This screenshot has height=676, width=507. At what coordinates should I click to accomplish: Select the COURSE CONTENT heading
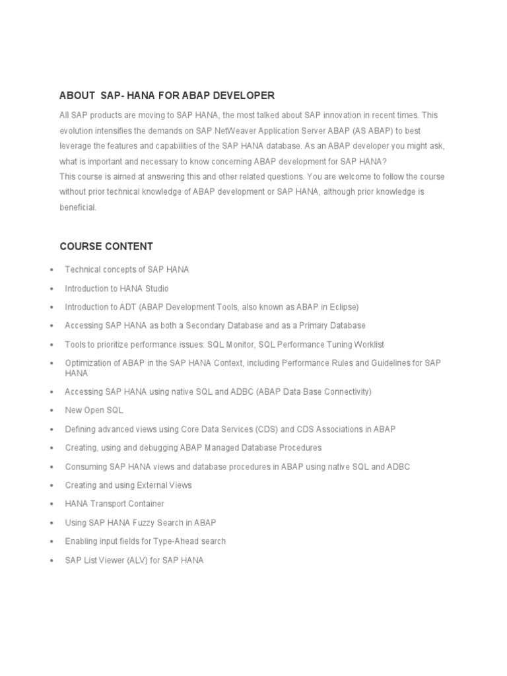pos(106,246)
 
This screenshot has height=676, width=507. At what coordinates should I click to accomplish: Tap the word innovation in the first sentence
pos(337,115)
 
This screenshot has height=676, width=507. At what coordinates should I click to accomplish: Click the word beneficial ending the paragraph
pos(77,207)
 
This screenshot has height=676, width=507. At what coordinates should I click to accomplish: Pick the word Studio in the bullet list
pos(156,288)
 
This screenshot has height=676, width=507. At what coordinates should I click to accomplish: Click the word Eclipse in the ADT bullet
pos(342,307)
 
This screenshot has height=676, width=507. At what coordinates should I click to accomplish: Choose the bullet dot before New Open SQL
pos(51,411)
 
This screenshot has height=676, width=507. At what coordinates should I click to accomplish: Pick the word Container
pos(146,504)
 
